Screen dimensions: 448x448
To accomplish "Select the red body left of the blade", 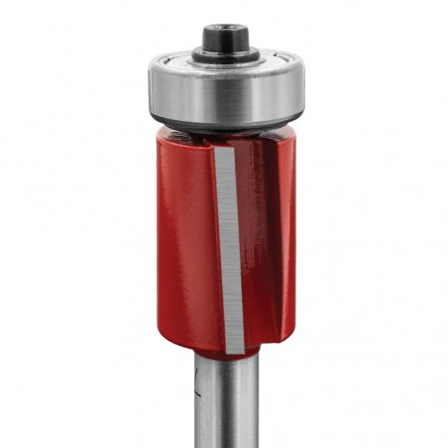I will point(183,248).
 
